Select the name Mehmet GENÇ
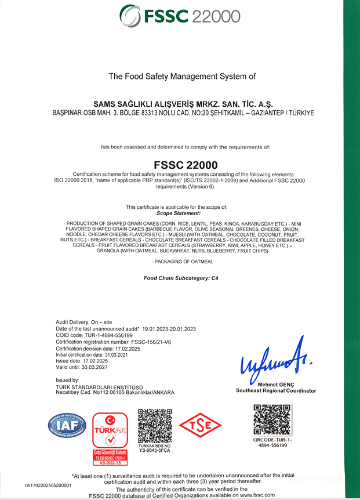[275, 385]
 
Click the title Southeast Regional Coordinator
[276, 391]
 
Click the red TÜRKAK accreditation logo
[110, 436]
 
